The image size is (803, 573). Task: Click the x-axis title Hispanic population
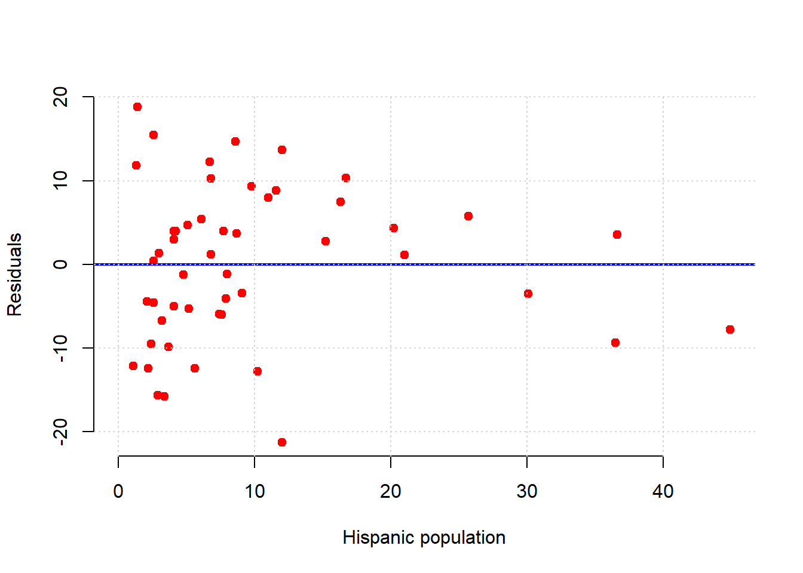(x=424, y=538)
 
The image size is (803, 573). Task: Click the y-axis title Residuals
(x=14, y=275)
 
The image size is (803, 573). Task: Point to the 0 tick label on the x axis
(x=118, y=492)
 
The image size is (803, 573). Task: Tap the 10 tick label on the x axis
(x=255, y=492)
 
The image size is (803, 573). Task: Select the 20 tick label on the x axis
(x=391, y=492)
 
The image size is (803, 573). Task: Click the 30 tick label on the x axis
(x=527, y=492)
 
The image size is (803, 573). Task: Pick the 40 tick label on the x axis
(x=663, y=492)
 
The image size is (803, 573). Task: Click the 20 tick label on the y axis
(x=60, y=97)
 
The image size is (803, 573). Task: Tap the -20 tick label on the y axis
(x=60, y=431)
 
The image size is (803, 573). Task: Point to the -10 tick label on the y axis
(x=60, y=348)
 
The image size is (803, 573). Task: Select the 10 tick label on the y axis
(x=60, y=180)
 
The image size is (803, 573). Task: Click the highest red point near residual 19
(x=137, y=107)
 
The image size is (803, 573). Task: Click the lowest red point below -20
(x=282, y=442)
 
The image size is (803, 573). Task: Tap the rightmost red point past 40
(x=730, y=329)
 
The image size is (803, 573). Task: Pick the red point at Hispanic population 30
(x=528, y=294)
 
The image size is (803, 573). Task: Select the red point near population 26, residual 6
(x=468, y=216)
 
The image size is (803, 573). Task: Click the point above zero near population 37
(x=617, y=235)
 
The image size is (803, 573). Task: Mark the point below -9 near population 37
(x=615, y=343)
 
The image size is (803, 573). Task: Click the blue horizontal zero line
(x=418, y=264)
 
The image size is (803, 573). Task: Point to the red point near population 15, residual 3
(x=326, y=241)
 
